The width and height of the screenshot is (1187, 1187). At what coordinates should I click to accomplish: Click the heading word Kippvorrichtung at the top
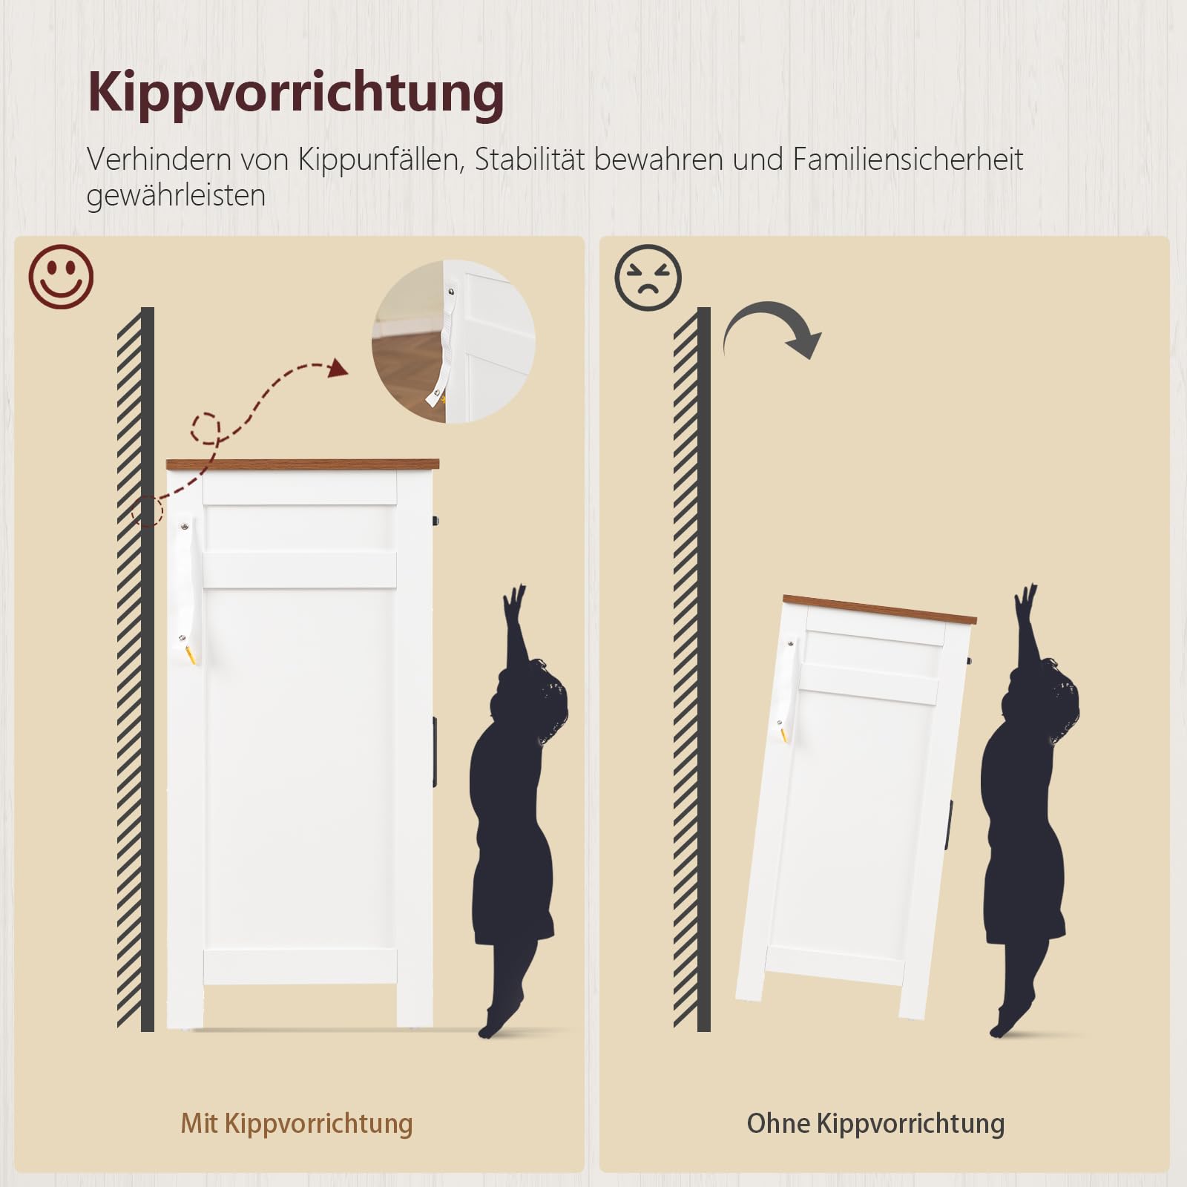tap(296, 93)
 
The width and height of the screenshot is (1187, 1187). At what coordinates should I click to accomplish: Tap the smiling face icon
tap(61, 277)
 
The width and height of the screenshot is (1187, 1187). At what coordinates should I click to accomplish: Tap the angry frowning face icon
tap(648, 277)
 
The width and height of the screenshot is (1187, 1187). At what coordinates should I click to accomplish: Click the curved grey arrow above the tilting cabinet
tap(772, 323)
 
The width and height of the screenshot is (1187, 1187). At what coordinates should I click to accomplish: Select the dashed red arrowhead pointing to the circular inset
tap(338, 367)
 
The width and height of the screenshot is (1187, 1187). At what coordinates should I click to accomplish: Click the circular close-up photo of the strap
tap(453, 342)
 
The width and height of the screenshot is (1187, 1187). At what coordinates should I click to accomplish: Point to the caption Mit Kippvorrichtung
tap(297, 1124)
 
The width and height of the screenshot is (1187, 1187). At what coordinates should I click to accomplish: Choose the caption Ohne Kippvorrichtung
tap(875, 1124)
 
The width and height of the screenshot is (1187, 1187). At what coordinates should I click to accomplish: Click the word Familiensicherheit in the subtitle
tap(908, 159)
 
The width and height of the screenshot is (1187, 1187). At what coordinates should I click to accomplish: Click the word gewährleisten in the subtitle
tap(176, 196)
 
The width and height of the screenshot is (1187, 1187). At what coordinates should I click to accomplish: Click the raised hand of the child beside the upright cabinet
tap(513, 601)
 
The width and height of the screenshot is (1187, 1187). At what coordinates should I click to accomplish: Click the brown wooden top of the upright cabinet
tap(302, 464)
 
